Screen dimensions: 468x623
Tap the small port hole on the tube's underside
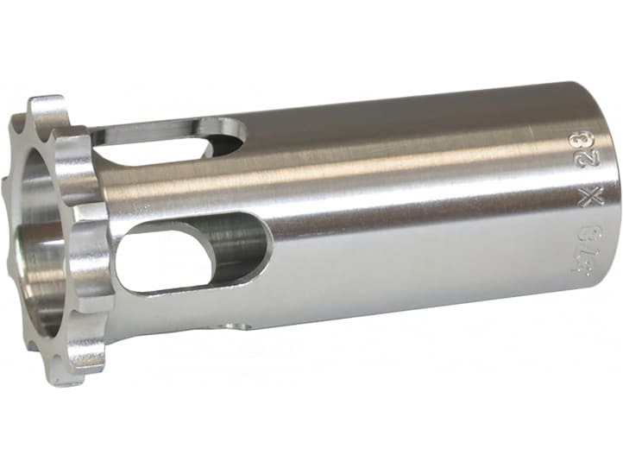[237, 325]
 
